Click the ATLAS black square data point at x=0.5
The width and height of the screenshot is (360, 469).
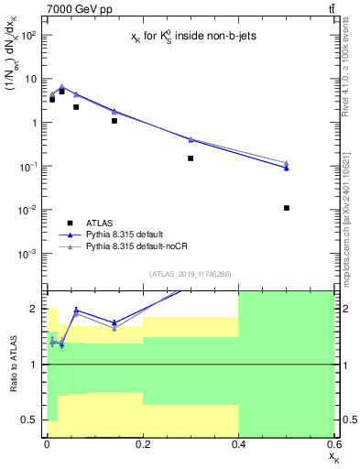(287, 208)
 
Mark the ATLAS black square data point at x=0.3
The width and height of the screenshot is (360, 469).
(191, 158)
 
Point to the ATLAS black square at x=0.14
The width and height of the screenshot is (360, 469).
(115, 120)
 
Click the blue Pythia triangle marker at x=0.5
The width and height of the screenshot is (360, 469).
(287, 168)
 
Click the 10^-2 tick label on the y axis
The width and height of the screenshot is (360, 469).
(27, 210)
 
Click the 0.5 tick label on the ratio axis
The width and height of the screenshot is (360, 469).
(29, 420)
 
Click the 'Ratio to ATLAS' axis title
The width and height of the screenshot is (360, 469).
(12, 365)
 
